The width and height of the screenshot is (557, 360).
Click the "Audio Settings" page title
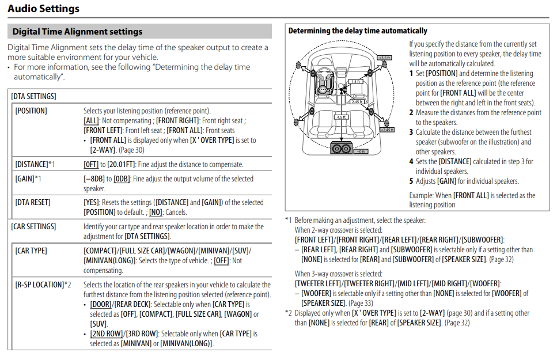[x=44, y=9]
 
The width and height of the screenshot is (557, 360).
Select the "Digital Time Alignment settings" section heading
[x=77, y=32]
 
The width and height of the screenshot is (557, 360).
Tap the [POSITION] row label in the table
[x=31, y=111]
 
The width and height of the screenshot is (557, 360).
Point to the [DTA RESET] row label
[x=33, y=202]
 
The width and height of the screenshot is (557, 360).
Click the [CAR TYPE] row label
[x=31, y=251]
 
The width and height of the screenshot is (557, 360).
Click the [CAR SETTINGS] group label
[x=33, y=226]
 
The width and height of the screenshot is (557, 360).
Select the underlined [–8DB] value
[x=94, y=179]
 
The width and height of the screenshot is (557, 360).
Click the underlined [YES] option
[x=92, y=202]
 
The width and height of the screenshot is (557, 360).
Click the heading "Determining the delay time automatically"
[x=358, y=31]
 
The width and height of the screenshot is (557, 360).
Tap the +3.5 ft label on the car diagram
[x=384, y=58]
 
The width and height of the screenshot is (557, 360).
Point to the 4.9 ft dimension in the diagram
[x=341, y=117]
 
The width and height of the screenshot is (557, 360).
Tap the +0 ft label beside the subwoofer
[x=361, y=151]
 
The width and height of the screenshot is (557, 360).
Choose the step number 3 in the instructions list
[x=411, y=132]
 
